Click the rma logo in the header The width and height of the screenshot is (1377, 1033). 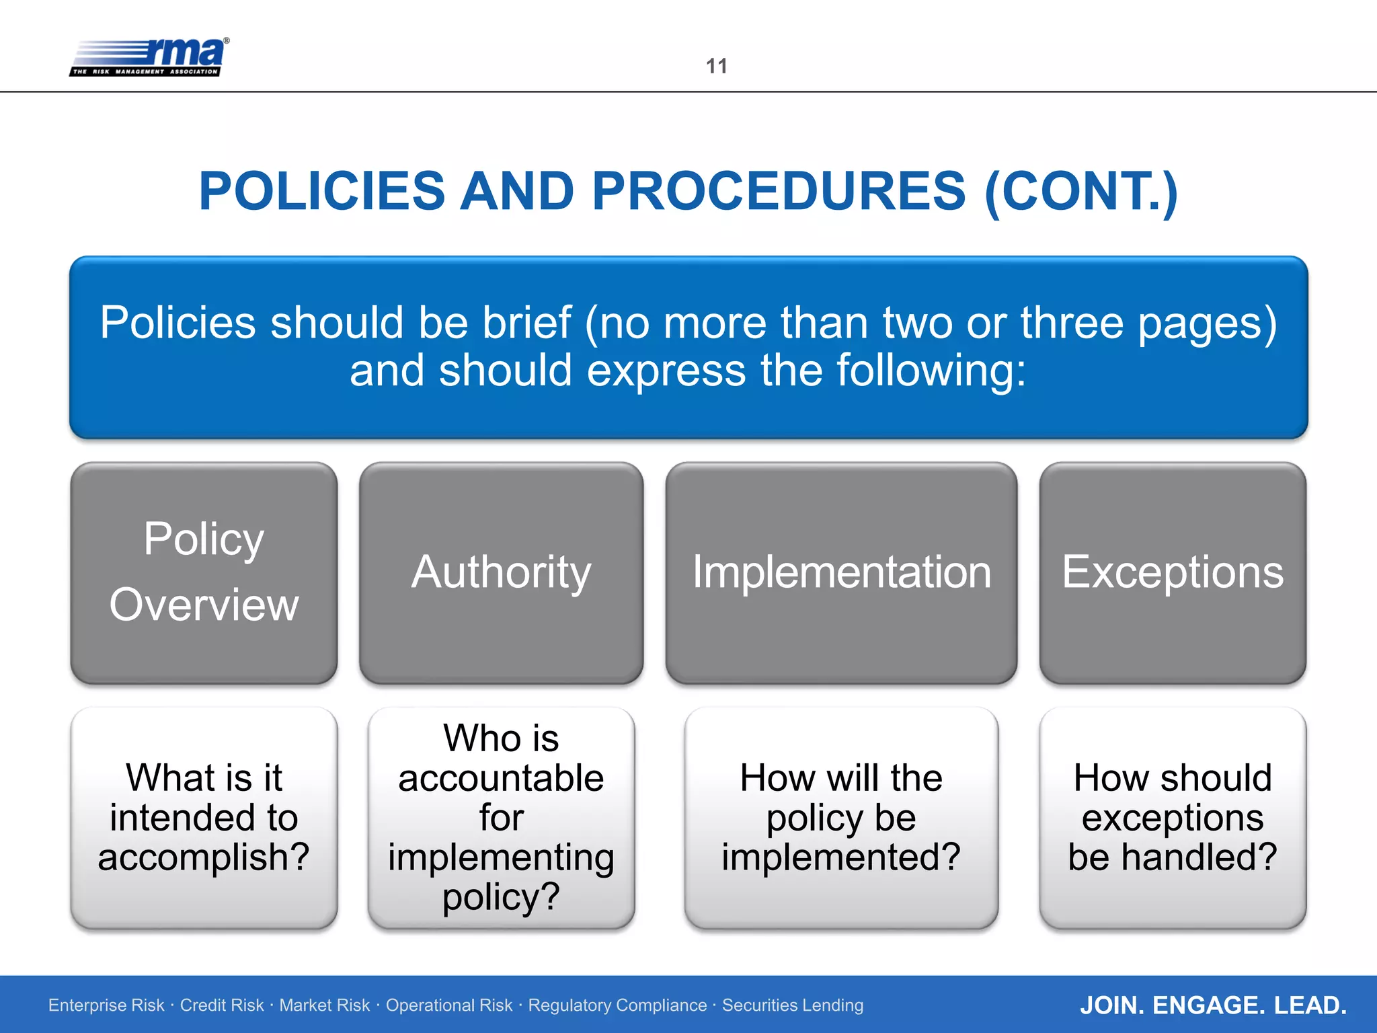(149, 57)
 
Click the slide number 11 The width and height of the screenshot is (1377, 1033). (716, 66)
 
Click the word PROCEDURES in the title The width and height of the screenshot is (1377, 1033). (779, 191)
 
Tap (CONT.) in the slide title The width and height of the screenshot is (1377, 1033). (1080, 192)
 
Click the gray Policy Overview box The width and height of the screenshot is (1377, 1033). (204, 572)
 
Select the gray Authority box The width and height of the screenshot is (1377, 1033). (501, 572)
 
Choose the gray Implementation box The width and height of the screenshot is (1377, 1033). (841, 572)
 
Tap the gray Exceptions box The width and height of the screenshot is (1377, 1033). (1172, 572)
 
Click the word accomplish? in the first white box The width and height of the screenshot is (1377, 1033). (204, 857)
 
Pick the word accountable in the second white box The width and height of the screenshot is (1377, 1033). (501, 779)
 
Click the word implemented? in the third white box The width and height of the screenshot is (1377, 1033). (841, 857)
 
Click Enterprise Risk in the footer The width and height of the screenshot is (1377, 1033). (106, 1005)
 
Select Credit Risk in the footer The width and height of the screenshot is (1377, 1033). (222, 1005)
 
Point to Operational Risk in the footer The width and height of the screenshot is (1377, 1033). (449, 1005)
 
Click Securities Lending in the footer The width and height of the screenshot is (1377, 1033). (793, 1005)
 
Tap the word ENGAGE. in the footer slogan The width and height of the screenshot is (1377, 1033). (1209, 1005)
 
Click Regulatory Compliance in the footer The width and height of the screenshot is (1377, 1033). (617, 1005)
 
